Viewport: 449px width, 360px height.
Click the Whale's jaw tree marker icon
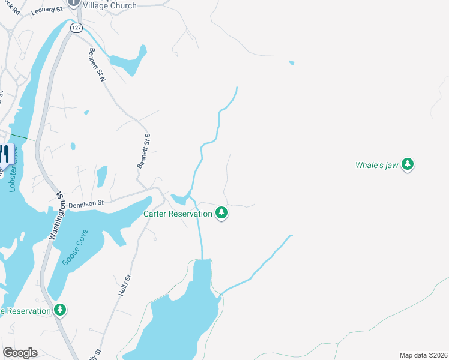point(408,164)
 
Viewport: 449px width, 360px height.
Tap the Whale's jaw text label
point(378,165)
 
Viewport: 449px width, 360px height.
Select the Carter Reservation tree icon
point(221,212)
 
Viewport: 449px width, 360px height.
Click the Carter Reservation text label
point(178,214)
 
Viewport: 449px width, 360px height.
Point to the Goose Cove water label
point(75,247)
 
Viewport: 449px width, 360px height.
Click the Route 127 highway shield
point(76,28)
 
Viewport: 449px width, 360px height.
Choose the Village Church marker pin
point(73,2)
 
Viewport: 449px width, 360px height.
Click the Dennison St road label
point(86,204)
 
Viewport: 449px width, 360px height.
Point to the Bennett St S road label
point(143,151)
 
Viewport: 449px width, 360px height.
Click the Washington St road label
point(56,217)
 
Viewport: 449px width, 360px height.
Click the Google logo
point(20,353)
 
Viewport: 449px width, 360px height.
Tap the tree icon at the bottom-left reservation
point(59,310)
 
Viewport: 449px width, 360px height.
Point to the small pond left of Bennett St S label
point(102,176)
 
